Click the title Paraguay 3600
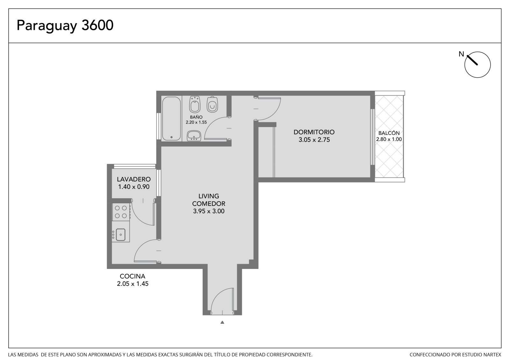tap(65, 25)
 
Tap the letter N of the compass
tap(461, 54)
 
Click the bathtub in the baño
tap(171, 118)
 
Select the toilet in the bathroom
tap(212, 104)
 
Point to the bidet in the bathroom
tap(195, 104)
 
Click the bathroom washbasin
tap(194, 136)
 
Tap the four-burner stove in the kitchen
tap(121, 212)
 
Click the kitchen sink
tap(121, 235)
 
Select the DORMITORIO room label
tap(314, 132)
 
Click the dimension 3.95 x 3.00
tap(209, 211)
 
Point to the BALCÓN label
tap(389, 133)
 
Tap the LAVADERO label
tap(134, 179)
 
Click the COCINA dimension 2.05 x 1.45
tap(133, 284)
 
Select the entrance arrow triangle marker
tap(222, 322)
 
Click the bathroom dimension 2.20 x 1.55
tap(196, 122)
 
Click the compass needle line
tap(472, 60)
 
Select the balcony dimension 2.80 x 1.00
tap(389, 139)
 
